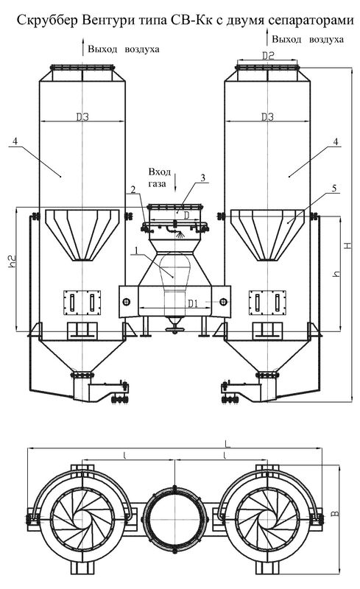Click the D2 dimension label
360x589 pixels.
tap(268, 56)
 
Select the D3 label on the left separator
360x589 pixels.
tap(82, 117)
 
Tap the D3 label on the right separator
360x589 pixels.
tap(267, 117)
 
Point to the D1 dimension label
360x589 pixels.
tap(193, 303)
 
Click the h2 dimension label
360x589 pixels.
tap(13, 261)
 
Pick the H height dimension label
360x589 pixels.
tap(348, 245)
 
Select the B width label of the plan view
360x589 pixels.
tap(336, 512)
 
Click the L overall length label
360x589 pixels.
tap(227, 444)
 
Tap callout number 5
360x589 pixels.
tap(334, 188)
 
